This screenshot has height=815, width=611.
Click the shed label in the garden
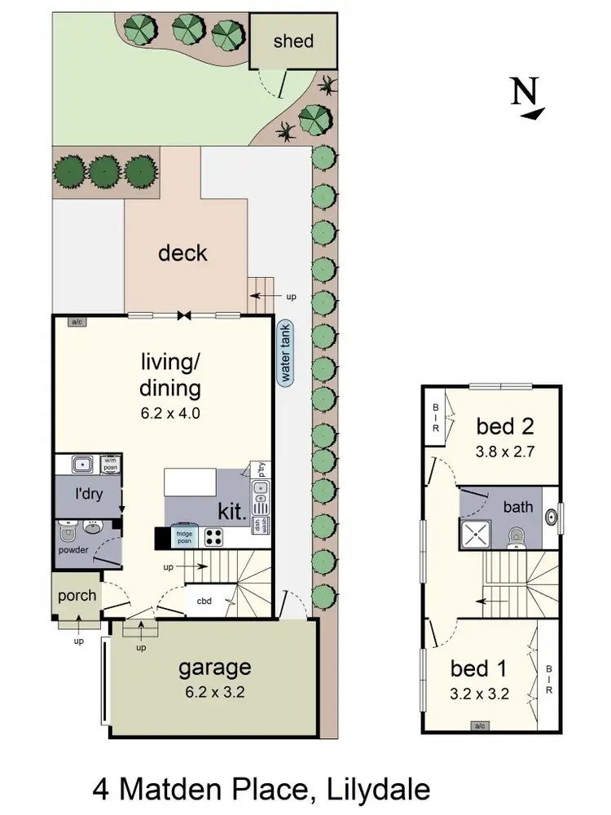pos(292,41)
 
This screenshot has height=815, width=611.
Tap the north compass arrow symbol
pos(525,99)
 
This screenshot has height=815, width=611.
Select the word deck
pos(182,253)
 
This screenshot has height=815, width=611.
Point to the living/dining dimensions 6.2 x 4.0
pos(170,413)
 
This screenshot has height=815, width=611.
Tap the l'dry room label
pos(89,495)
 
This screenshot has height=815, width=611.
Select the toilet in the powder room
pos(69,534)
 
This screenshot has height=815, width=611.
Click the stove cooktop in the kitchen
pos(213,537)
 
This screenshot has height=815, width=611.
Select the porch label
pos(77,595)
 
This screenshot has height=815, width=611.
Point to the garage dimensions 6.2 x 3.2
pos(214,694)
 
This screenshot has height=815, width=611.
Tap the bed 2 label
pos(505,425)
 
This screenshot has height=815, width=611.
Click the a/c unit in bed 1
pos(479,725)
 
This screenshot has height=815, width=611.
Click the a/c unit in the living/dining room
pos(78,322)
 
